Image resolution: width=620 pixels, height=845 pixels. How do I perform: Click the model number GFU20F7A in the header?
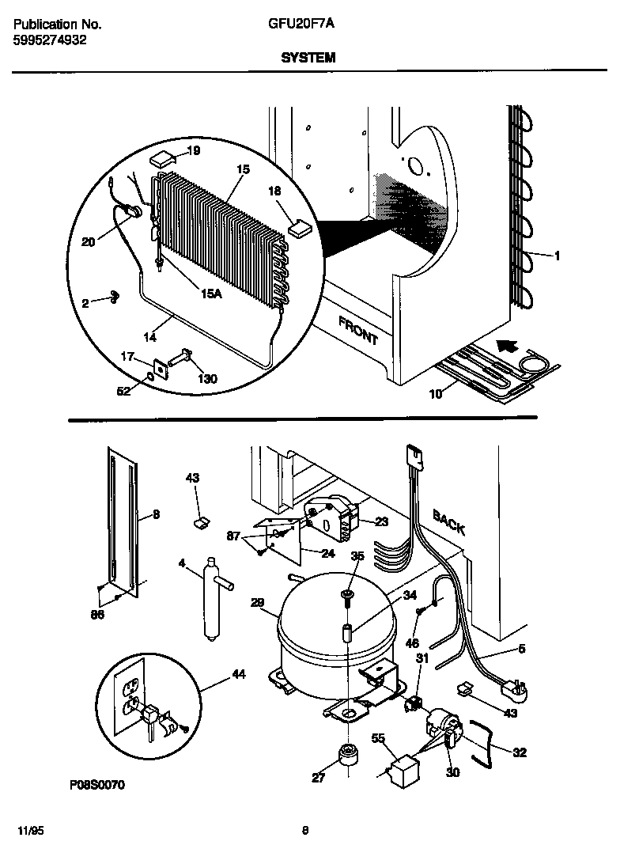click(x=301, y=25)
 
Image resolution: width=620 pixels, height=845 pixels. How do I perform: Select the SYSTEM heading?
click(x=308, y=58)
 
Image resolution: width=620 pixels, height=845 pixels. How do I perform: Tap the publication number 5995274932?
click(x=51, y=40)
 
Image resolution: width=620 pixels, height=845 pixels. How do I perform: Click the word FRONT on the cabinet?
click(x=357, y=330)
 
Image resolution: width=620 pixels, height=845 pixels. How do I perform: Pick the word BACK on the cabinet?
click(x=448, y=521)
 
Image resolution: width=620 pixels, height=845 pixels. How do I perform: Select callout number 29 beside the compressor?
click(x=258, y=603)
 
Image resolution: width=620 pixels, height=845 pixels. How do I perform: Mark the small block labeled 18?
click(x=301, y=229)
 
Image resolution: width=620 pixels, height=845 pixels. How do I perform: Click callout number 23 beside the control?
click(x=381, y=521)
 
